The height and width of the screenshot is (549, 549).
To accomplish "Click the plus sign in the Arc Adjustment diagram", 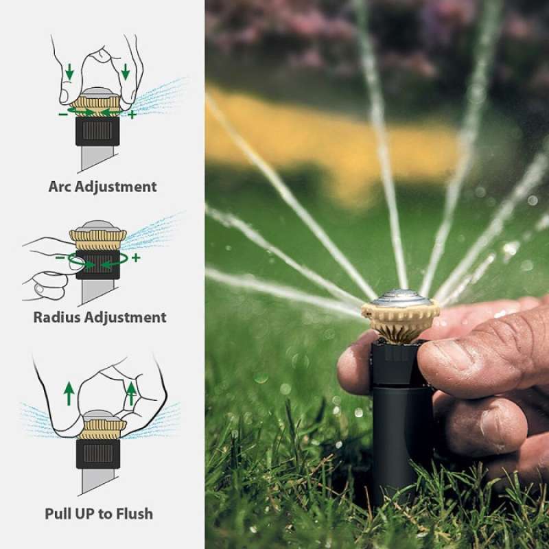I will click(132, 114).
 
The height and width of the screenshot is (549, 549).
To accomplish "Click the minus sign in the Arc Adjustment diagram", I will click(63, 114).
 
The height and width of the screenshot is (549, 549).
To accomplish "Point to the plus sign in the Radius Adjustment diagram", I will click(135, 257).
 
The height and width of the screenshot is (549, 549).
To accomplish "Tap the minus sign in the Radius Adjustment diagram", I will click(60, 258).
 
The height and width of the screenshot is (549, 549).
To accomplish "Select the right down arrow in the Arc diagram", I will click(126, 71).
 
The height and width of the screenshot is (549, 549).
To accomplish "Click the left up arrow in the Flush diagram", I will click(69, 393).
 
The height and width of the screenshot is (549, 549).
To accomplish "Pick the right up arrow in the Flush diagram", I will click(131, 393).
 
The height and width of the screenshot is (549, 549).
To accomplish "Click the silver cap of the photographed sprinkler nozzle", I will click(401, 298).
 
